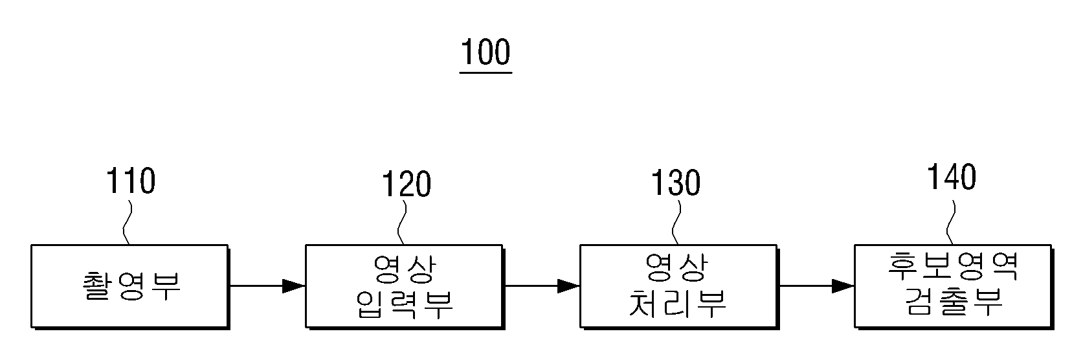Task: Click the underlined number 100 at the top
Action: pyautogui.click(x=486, y=52)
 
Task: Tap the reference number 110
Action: pyautogui.click(x=131, y=181)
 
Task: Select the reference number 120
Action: pyautogui.click(x=407, y=185)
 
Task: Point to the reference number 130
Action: pyautogui.click(x=676, y=183)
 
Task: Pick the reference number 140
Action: pyautogui.click(x=952, y=177)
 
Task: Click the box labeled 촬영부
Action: pyautogui.click(x=130, y=287)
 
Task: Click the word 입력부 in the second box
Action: pyautogui.click(x=405, y=304)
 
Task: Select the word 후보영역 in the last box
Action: pyautogui.click(x=954, y=266)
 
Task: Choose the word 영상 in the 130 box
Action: pyautogui.click(x=676, y=267)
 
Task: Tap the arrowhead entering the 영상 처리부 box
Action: pyautogui.click(x=568, y=286)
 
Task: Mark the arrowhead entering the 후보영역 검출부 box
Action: pyautogui.click(x=843, y=286)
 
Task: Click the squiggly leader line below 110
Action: pyautogui.click(x=127, y=223)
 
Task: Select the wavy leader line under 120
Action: pyautogui.click(x=401, y=223)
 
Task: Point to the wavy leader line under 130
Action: pyautogui.click(x=676, y=223)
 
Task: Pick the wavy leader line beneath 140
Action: pyautogui.click(x=951, y=223)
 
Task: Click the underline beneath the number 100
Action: pyautogui.click(x=486, y=73)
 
